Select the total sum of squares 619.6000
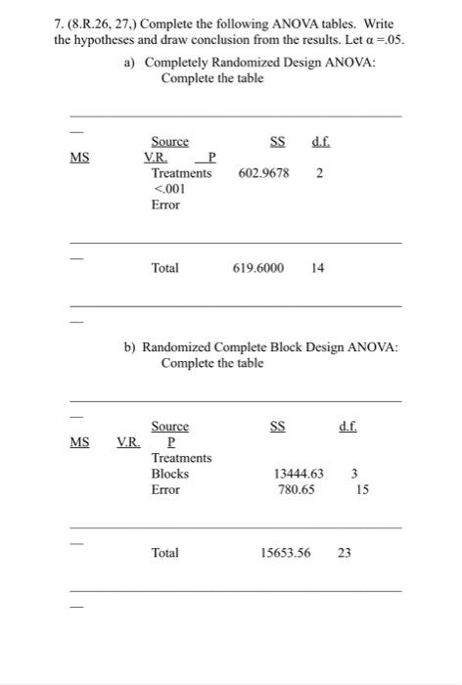258,267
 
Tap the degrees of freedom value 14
316,267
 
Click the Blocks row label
169,474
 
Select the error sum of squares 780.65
295,489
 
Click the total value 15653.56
285,553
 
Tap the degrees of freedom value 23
344,553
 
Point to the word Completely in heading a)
180,63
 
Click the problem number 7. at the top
61,23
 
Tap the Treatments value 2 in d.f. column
320,173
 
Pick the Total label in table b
164,553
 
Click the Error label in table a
165,205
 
